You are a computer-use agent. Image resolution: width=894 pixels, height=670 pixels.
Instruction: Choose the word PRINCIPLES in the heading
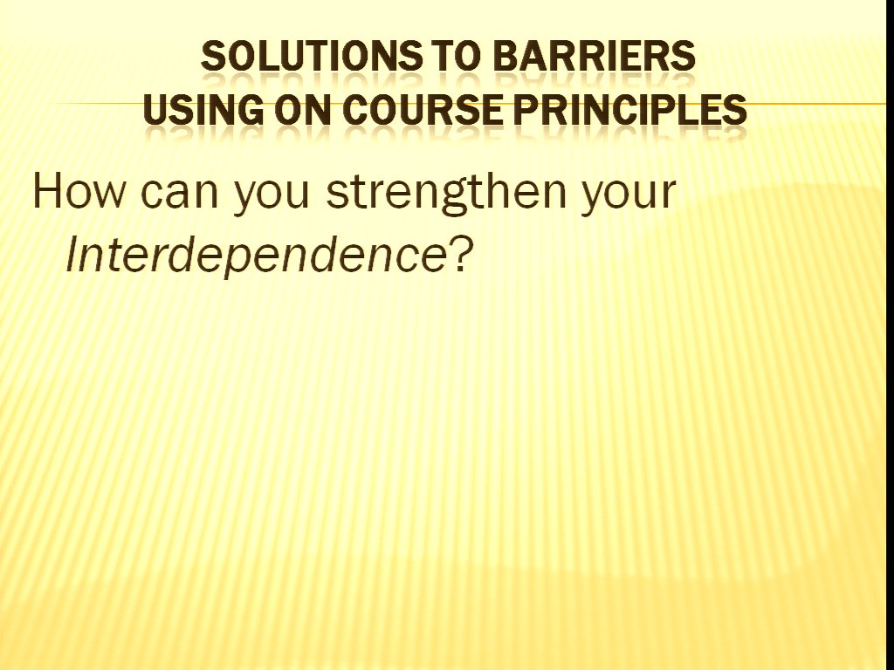[x=630, y=109]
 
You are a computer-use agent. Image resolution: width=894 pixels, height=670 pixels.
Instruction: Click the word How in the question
[x=78, y=190]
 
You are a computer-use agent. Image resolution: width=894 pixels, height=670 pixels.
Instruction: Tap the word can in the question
[x=179, y=195]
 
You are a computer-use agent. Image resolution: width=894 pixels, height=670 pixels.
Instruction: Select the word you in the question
[x=272, y=198]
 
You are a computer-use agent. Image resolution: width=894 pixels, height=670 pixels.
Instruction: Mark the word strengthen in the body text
[x=446, y=195]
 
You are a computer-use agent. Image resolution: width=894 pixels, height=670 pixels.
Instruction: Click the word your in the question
[x=629, y=198]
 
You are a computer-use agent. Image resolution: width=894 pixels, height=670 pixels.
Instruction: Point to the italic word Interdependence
[x=256, y=254]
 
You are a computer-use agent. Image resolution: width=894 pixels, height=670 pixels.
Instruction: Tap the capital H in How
[x=47, y=190]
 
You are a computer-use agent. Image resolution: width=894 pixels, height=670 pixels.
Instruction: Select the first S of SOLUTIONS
[x=213, y=57]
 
